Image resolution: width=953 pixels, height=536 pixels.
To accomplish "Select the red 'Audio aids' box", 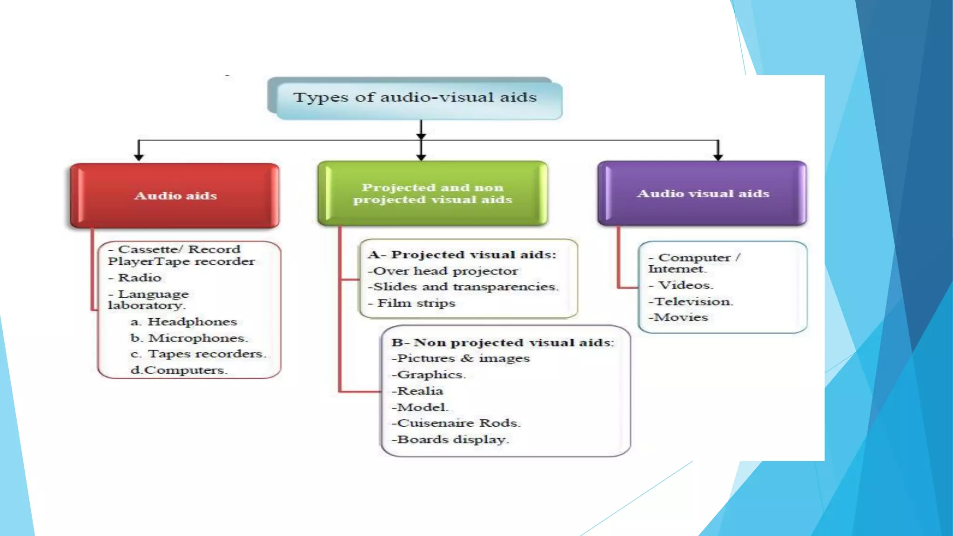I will point(175,195).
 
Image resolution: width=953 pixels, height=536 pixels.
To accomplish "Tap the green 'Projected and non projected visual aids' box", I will point(432,194).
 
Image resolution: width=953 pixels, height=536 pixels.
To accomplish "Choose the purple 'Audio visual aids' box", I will point(703,194).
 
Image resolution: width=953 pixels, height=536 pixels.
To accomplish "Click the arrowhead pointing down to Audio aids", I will point(139,157).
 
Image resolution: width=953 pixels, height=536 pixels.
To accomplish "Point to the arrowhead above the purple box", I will point(718,157).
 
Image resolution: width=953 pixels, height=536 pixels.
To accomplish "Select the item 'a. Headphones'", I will point(184,322).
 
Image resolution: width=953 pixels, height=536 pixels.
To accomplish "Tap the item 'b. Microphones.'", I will point(189,338).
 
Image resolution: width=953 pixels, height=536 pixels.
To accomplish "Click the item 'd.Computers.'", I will point(179,370).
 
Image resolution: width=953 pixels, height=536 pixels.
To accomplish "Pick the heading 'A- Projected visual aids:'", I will point(462,255).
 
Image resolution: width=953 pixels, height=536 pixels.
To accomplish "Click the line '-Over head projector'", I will point(443,271).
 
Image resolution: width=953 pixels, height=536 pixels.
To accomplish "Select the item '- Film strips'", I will point(412,303).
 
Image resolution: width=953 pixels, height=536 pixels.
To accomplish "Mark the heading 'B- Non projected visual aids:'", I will point(503,343).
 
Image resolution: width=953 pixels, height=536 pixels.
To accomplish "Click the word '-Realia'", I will point(417,391).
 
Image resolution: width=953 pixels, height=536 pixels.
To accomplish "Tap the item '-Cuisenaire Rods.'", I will point(456,423).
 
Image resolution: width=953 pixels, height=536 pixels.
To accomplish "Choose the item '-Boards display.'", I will point(450,440).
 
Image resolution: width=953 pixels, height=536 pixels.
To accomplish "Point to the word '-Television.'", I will point(691,301).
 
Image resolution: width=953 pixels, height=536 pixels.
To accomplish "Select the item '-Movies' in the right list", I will point(678,318).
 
